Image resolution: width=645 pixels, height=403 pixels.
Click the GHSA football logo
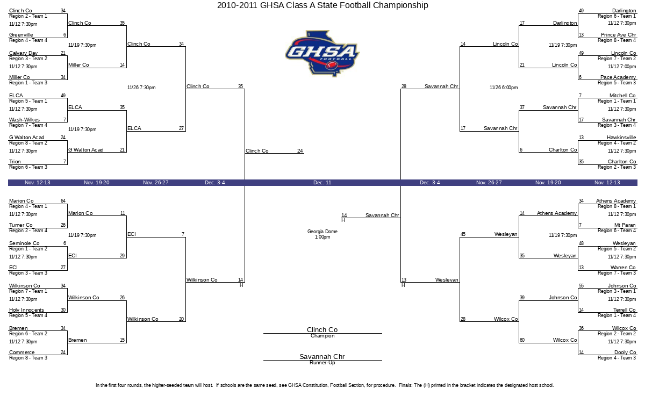(x=322, y=54)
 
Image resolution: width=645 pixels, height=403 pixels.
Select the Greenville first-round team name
(x=21, y=35)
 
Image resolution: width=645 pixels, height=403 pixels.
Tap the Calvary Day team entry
(x=23, y=53)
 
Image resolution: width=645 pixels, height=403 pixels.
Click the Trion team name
(x=15, y=162)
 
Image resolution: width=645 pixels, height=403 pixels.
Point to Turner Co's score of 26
(x=63, y=225)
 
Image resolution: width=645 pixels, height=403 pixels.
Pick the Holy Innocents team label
(x=26, y=310)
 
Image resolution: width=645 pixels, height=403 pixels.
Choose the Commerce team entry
(x=22, y=352)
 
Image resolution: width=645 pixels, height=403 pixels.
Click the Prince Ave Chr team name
(x=618, y=35)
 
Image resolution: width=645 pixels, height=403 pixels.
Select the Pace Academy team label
(x=618, y=77)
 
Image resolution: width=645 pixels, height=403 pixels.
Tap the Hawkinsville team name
(x=621, y=138)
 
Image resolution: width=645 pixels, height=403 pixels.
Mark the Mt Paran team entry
(x=625, y=225)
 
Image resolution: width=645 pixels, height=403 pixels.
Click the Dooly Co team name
(x=625, y=352)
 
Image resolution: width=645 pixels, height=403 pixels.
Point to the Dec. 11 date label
(x=322, y=183)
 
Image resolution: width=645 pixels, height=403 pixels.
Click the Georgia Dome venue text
(x=322, y=232)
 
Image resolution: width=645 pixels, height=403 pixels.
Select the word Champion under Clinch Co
(x=322, y=336)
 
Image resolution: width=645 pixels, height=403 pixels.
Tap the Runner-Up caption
(x=322, y=363)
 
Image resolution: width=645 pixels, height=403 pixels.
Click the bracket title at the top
(x=322, y=5)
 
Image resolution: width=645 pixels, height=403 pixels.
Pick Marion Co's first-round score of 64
(x=63, y=200)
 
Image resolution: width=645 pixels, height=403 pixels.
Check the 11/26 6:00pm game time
(x=504, y=88)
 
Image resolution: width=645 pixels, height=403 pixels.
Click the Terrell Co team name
(x=624, y=310)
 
